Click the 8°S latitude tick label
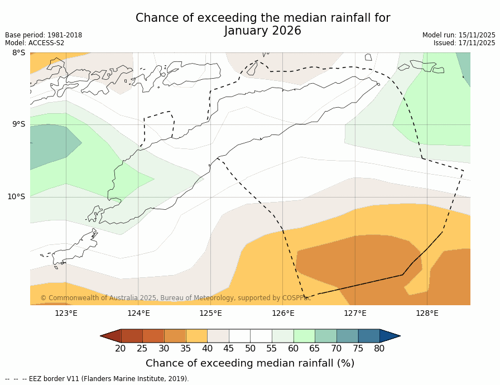pos(18,53)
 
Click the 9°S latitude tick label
pos(18,124)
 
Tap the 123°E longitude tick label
pos(66,313)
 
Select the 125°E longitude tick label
pos(210,313)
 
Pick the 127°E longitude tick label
pos(355,313)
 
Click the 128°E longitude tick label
pos(427,313)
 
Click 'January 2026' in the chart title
pos(263,31)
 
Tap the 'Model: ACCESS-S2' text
pos(35,43)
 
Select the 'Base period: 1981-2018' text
pos(44,35)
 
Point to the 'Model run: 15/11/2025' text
pos(459,35)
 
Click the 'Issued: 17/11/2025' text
pos(464,43)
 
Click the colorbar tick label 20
pos(121,349)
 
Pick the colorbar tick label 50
pos(250,349)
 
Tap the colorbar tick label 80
pos(379,349)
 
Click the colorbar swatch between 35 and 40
pos(196,336)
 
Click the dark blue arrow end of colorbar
pos(390,336)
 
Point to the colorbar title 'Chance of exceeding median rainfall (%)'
pos(250,363)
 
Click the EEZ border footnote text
pos(97,379)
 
